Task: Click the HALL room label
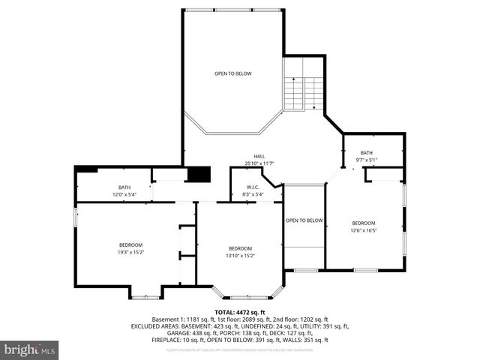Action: (x=259, y=156)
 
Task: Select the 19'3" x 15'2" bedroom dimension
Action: (x=130, y=252)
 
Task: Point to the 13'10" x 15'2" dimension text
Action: (x=241, y=256)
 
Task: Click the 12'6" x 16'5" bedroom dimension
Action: (x=364, y=230)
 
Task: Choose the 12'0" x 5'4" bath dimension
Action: (x=124, y=194)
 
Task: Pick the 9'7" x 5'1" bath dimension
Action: (x=366, y=160)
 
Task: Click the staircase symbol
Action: (x=303, y=91)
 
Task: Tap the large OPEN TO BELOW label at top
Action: (x=233, y=73)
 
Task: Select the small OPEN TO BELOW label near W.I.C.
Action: (x=304, y=220)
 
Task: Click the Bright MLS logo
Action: (x=30, y=349)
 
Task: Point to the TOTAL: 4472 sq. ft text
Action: (x=240, y=312)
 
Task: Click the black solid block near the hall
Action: (x=198, y=175)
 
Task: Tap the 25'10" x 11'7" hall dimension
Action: (x=259, y=163)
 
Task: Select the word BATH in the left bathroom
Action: (x=124, y=187)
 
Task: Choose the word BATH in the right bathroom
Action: (x=366, y=152)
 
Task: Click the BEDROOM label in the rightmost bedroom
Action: (x=364, y=223)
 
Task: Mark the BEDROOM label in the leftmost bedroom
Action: (x=130, y=244)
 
